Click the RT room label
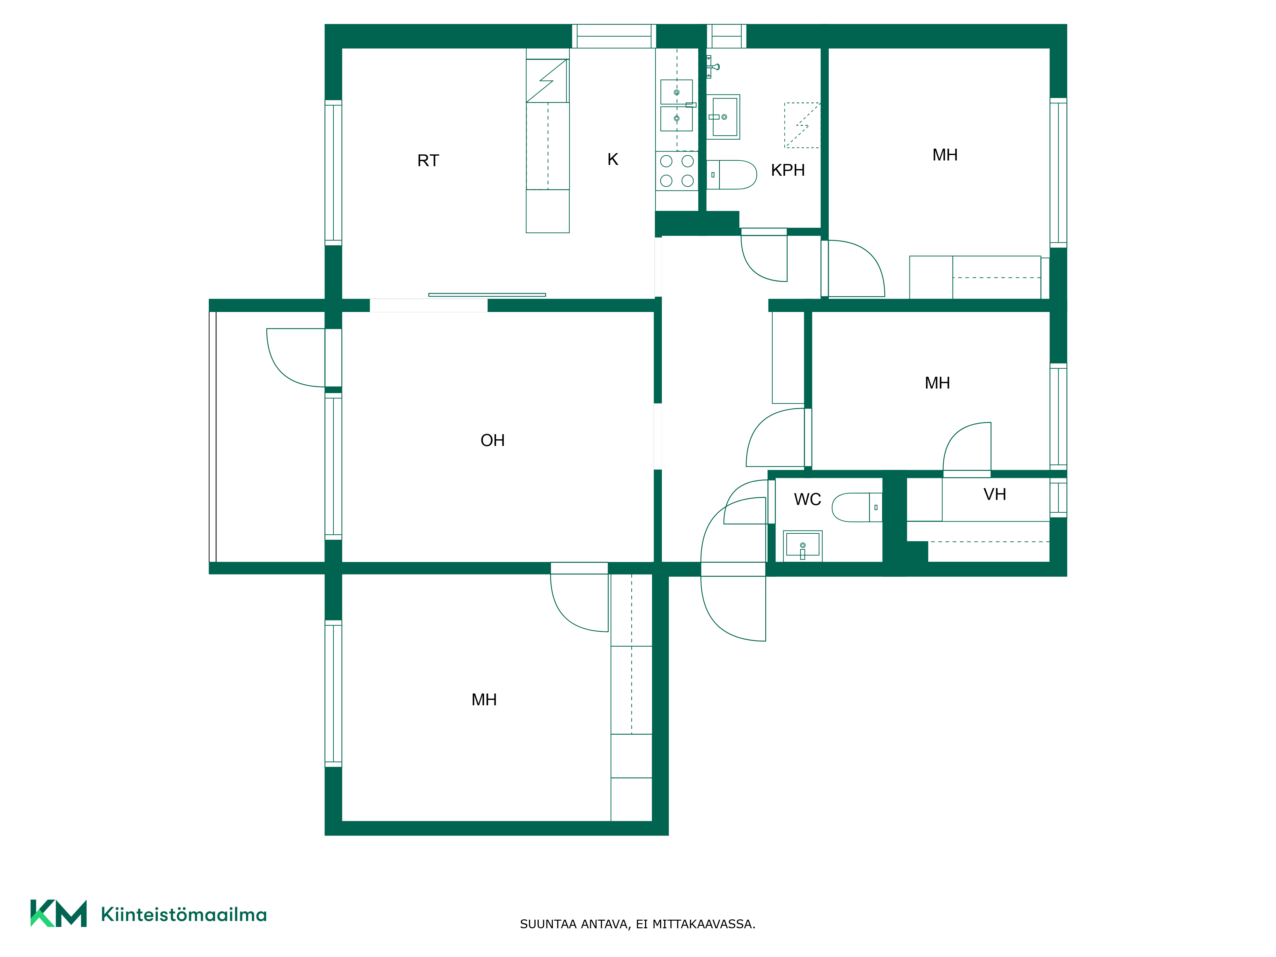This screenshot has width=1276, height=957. pyautogui.click(x=428, y=160)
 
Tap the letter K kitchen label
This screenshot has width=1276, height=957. pyautogui.click(x=612, y=159)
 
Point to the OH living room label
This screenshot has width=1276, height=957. pyautogui.click(x=493, y=440)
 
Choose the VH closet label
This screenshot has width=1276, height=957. pyautogui.click(x=995, y=494)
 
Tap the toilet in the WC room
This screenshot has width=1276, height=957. pyautogui.click(x=857, y=507)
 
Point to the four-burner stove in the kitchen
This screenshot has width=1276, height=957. pyautogui.click(x=677, y=171)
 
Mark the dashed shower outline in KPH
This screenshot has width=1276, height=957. pyautogui.click(x=802, y=125)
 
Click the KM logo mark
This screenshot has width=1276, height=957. pyautogui.click(x=58, y=913)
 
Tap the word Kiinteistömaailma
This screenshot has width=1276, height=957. pyautogui.click(x=183, y=914)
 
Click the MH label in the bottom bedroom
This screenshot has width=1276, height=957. pyautogui.click(x=484, y=700)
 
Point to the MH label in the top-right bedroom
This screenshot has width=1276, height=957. pyautogui.click(x=945, y=155)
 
